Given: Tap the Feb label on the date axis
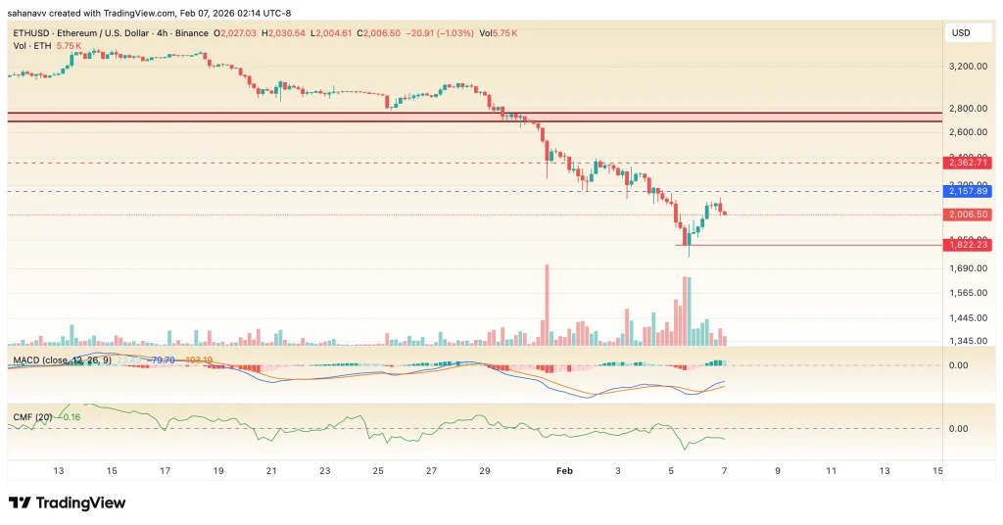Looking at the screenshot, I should tap(563, 471).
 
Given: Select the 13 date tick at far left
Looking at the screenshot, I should tap(59, 471).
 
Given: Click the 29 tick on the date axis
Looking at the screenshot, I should tap(484, 471).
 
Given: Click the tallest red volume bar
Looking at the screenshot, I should tap(547, 304).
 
